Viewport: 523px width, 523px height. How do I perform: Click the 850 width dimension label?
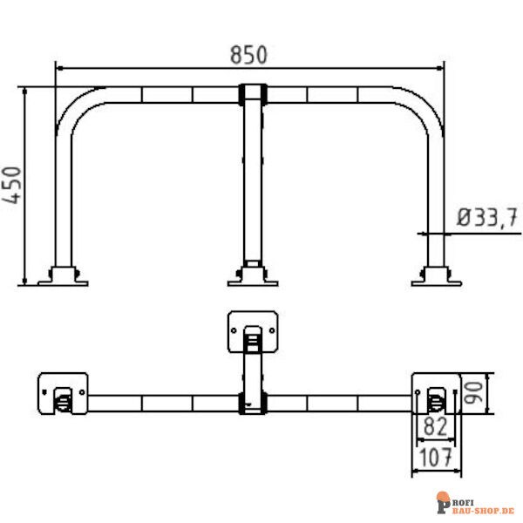point(248,55)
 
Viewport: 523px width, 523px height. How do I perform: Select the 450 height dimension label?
point(12,185)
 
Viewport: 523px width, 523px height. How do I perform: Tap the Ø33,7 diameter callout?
point(487,217)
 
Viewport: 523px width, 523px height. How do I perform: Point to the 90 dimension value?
point(473,393)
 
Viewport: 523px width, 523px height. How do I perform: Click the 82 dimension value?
point(435,426)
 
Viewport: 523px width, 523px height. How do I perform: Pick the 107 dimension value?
point(435,457)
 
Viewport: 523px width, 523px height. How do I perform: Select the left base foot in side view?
point(63,276)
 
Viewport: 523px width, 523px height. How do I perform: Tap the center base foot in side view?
point(253,276)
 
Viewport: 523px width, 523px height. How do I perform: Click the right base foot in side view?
point(437,276)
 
